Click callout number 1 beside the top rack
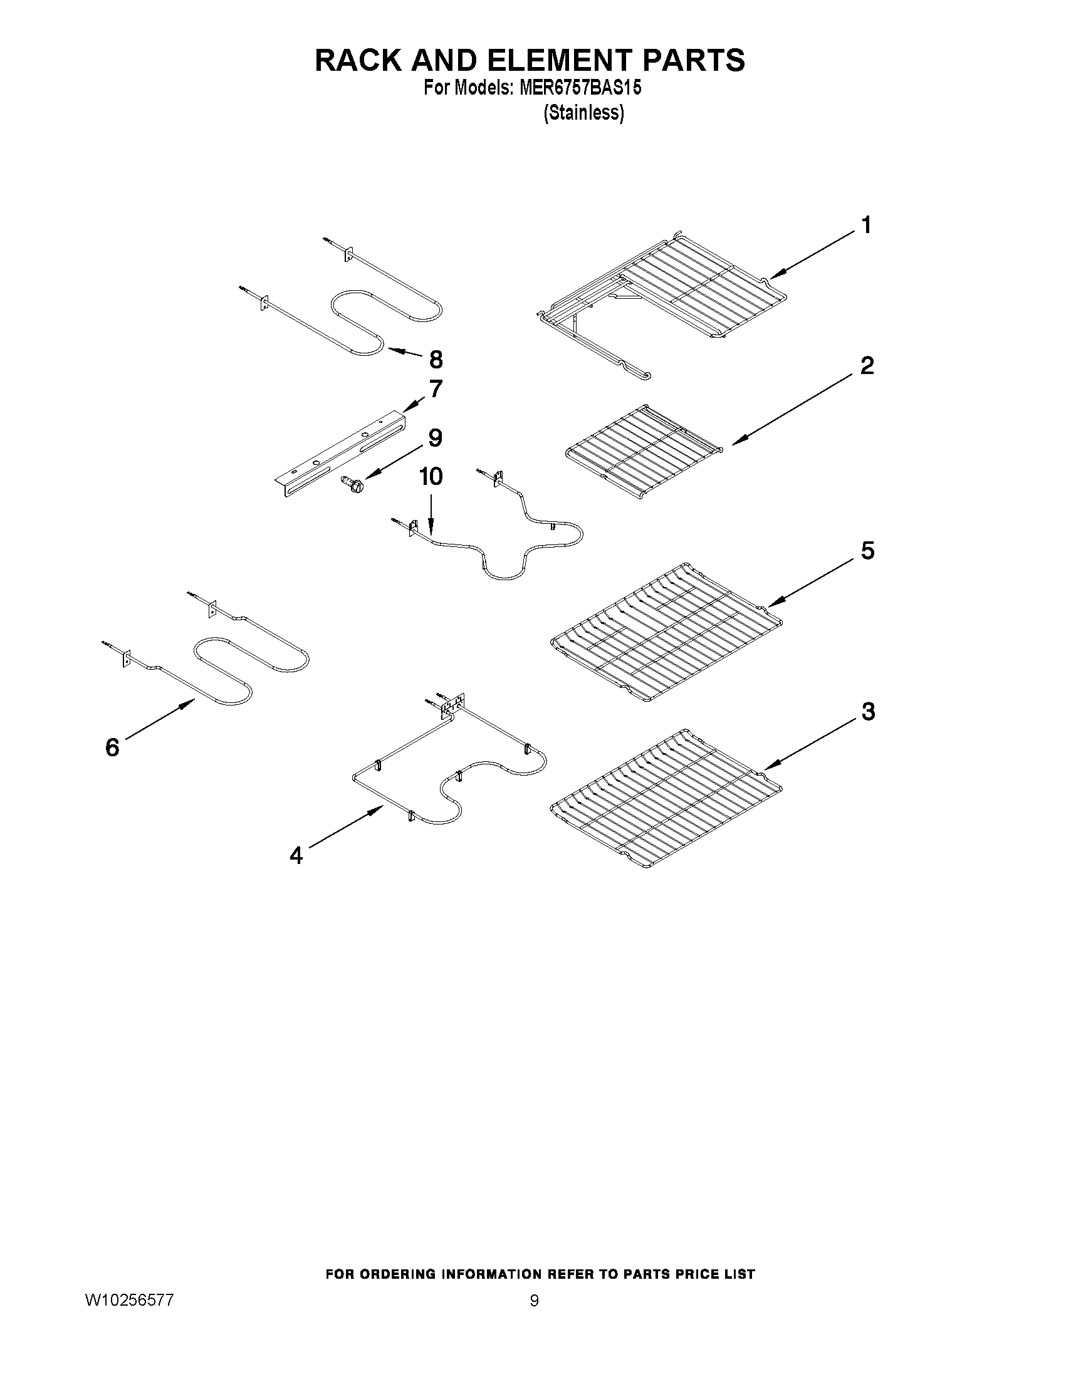(867, 226)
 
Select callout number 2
(867, 366)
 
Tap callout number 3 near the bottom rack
(868, 712)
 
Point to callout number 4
(296, 856)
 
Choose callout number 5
(868, 551)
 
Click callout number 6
(112, 747)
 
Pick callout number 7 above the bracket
(436, 389)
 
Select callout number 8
(436, 360)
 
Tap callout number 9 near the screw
(435, 437)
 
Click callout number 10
(431, 477)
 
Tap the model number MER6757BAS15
(580, 88)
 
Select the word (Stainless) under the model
(583, 113)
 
